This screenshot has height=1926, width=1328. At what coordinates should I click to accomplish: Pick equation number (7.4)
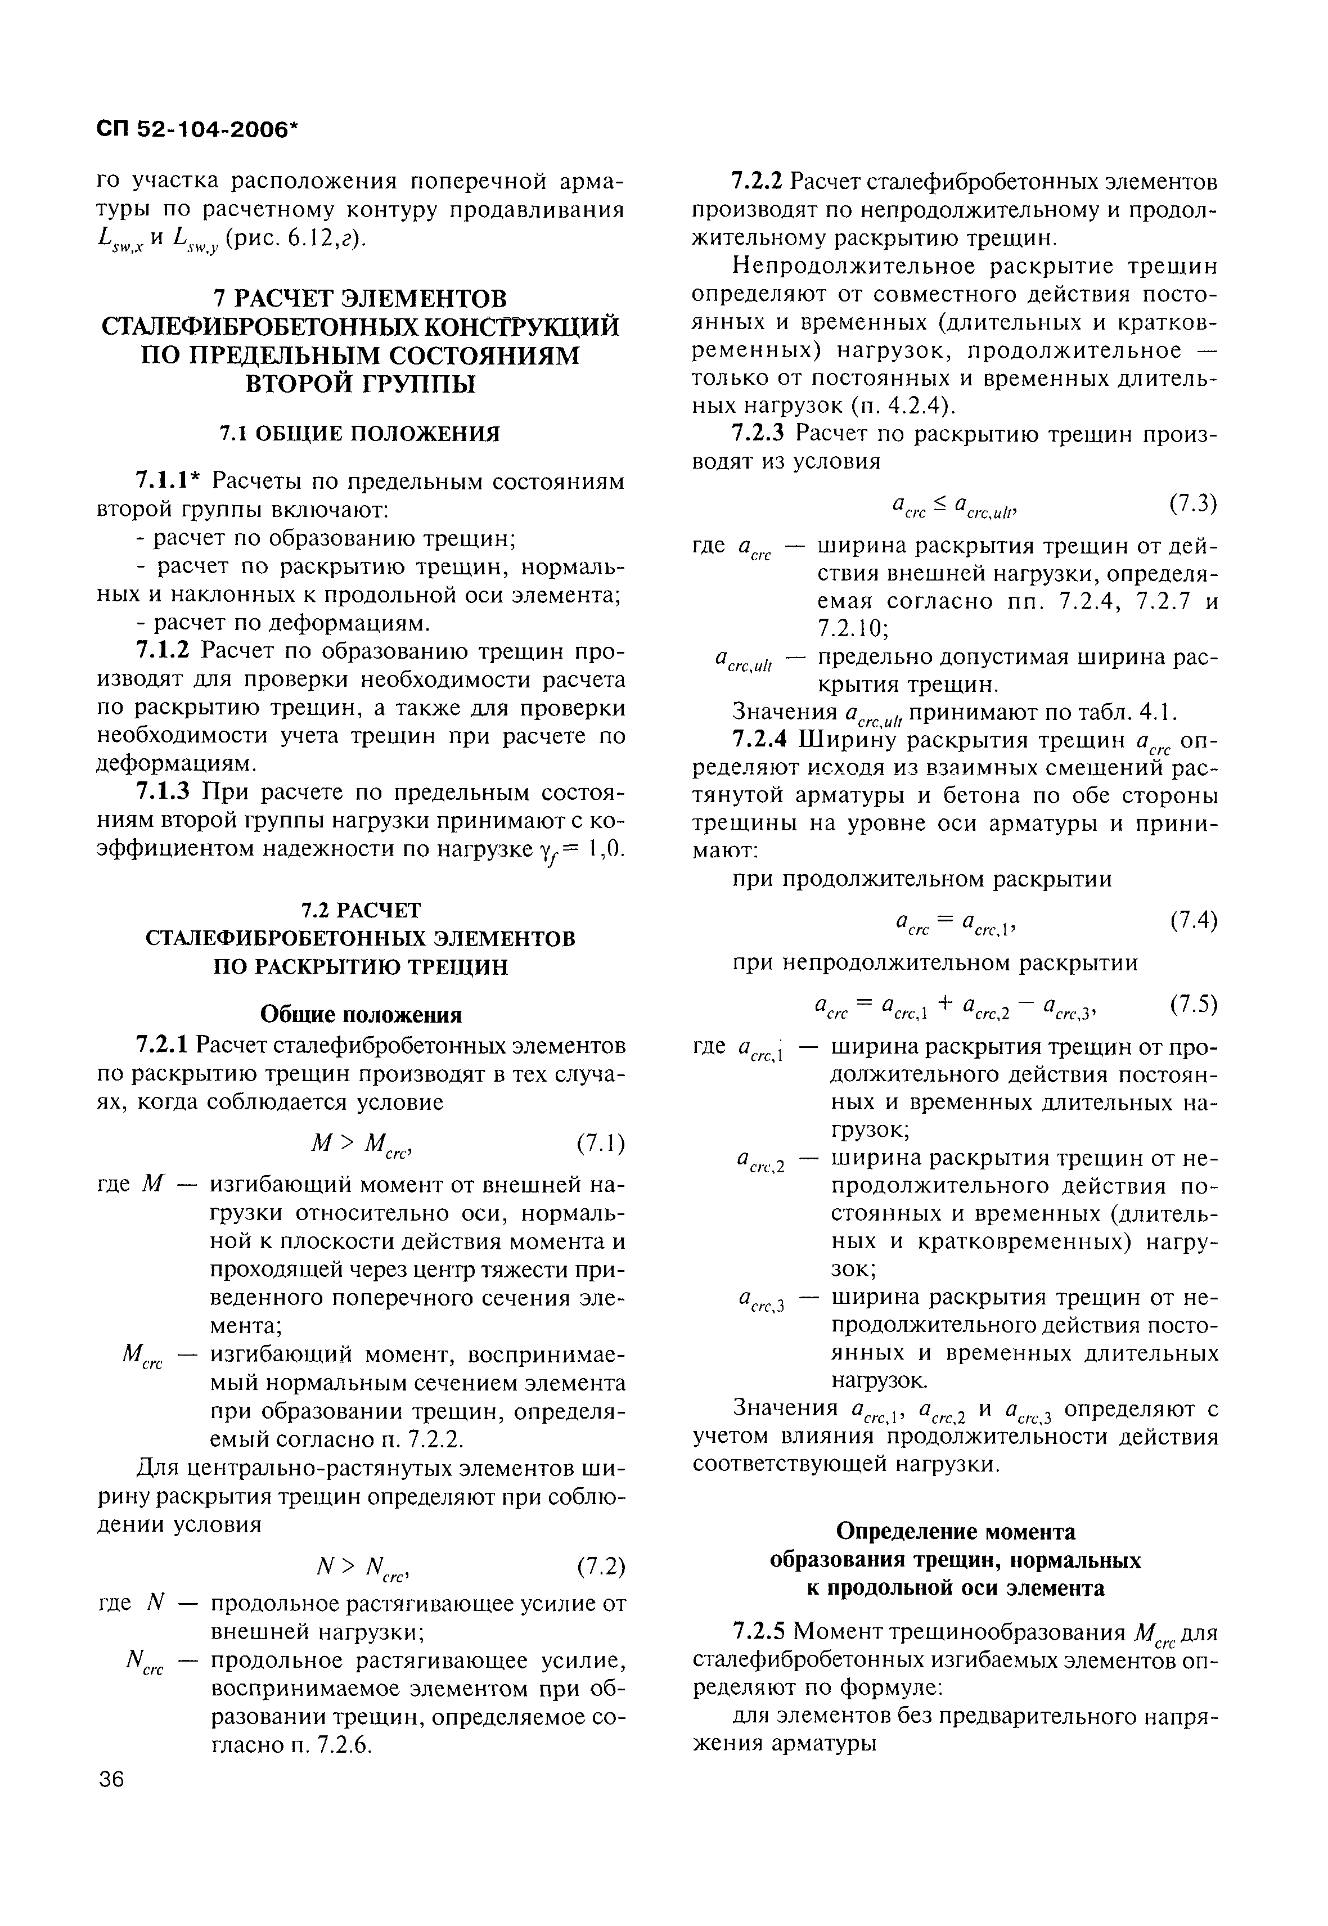[1192, 920]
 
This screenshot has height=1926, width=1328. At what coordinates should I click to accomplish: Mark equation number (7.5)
[1192, 1004]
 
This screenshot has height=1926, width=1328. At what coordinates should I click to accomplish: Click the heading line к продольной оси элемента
[955, 1587]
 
